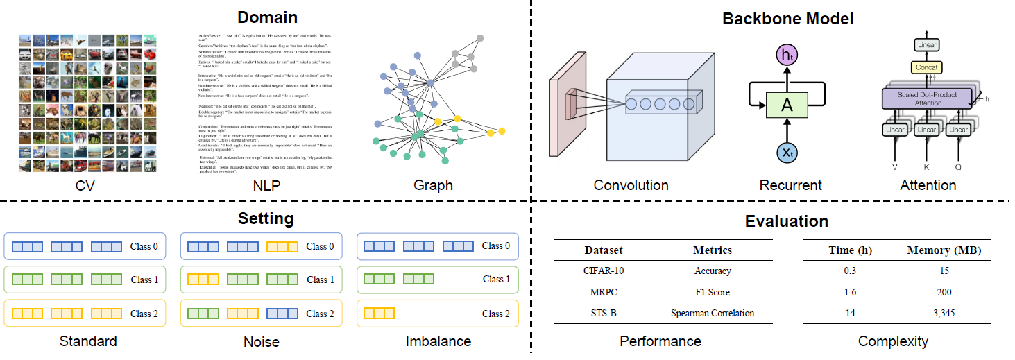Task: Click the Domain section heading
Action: point(267,17)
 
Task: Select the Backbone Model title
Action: point(787,19)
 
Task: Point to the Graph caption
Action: point(433,185)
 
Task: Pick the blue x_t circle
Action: point(787,153)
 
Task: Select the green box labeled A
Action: point(787,104)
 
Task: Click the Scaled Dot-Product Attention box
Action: point(928,98)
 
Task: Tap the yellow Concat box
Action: point(927,68)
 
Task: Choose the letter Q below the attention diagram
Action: point(959,167)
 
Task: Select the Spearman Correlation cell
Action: point(712,313)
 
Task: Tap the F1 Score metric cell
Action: point(712,292)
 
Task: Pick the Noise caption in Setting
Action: point(262,341)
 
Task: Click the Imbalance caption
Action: point(438,341)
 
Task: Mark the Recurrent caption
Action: point(790,185)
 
